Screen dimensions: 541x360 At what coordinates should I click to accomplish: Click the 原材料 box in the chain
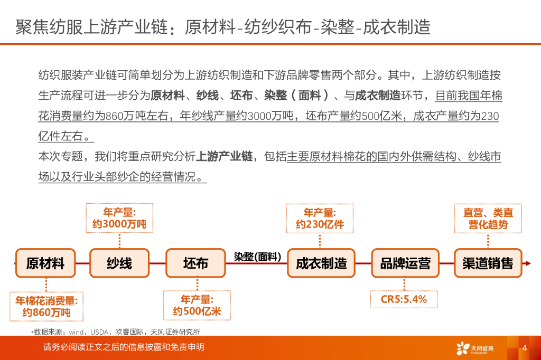pos(45,263)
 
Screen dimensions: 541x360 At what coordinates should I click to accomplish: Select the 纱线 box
pos(119,263)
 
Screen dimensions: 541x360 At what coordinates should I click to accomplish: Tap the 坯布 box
pos(195,263)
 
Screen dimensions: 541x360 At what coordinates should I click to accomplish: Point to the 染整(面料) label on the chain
pos(257,257)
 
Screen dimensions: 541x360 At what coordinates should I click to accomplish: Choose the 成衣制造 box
pos(321,263)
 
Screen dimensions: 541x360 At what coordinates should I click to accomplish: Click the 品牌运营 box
pos(405,263)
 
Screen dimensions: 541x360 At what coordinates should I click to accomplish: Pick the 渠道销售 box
pos(488,263)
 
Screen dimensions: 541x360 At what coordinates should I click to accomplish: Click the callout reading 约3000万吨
pos(119,219)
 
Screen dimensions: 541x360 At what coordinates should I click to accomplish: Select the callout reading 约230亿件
pos(320,219)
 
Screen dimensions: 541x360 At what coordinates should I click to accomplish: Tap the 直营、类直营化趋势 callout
pos(488,219)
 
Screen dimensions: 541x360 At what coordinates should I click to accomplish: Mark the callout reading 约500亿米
pos(197,306)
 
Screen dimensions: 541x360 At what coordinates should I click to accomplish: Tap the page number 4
pos(525,348)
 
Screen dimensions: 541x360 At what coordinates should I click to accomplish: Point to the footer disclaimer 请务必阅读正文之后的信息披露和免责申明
pos(124,347)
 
